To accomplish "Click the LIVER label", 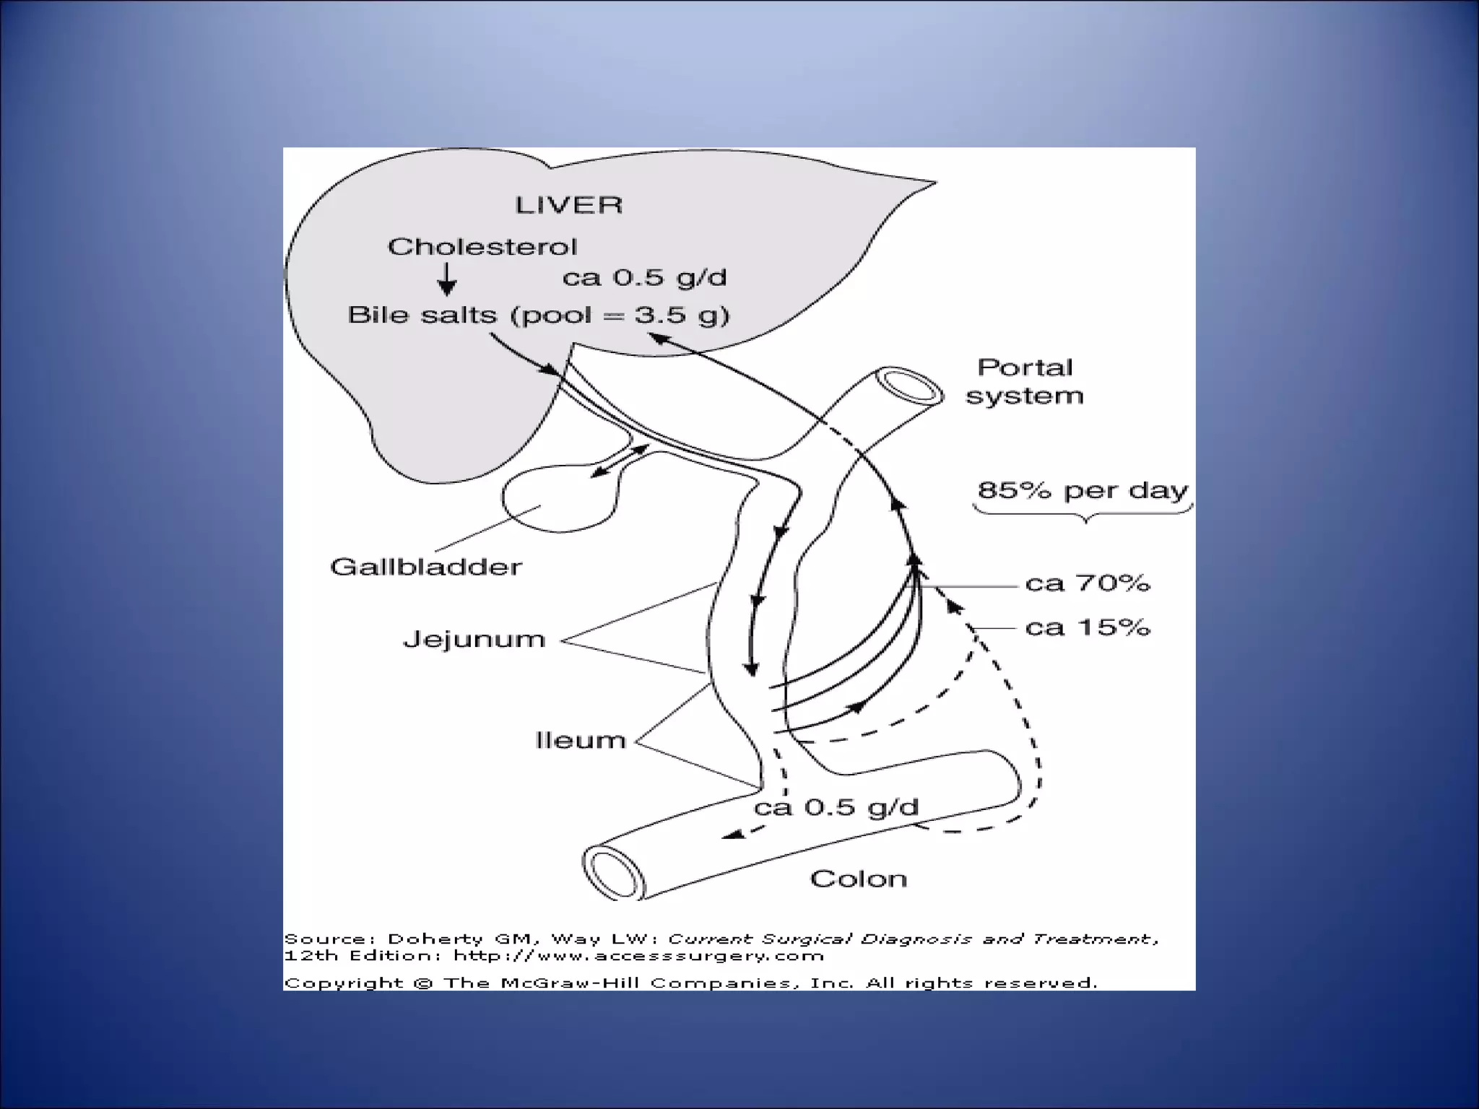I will point(568,205).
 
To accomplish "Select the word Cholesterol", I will point(482,247).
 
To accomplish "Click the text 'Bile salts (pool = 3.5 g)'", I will point(539,316).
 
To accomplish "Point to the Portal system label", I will point(1025,381).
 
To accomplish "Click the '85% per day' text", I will point(1082,491).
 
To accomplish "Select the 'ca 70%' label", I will point(1087,583).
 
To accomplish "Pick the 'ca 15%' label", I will point(1087,627).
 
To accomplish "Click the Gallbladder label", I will point(425,567).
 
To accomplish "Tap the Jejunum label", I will point(474,640).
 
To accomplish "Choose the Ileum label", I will point(581,740).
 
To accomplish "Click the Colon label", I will point(858,879).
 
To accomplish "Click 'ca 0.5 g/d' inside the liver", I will point(644,278).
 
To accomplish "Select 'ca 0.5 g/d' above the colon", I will point(836,807).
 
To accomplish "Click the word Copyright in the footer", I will point(344,983).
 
